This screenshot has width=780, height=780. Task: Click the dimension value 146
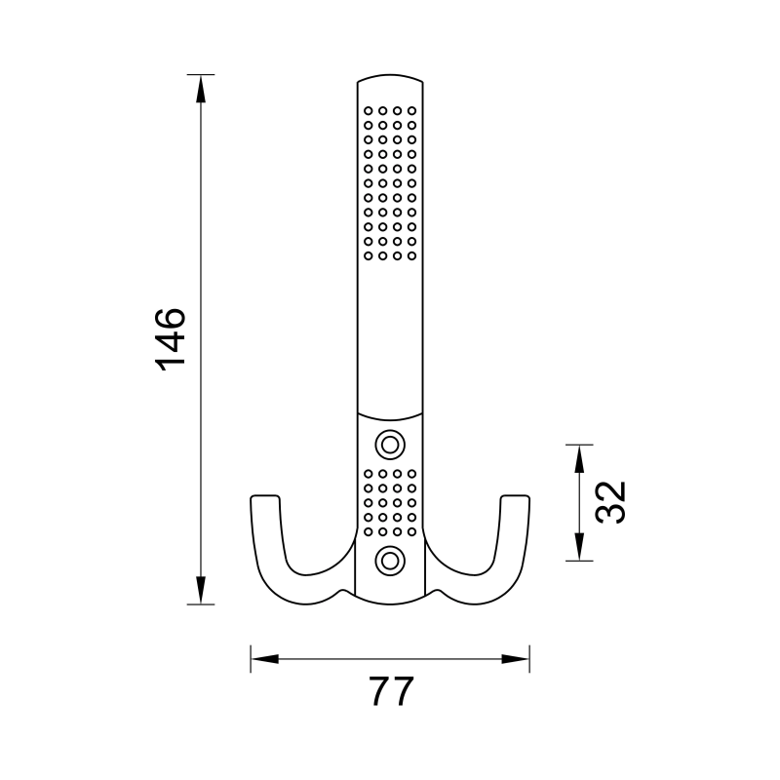click(x=170, y=338)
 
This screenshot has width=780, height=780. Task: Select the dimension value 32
click(x=609, y=502)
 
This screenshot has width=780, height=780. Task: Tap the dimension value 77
click(x=392, y=691)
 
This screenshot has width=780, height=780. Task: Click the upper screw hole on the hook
click(x=391, y=445)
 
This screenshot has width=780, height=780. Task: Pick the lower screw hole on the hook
click(x=391, y=560)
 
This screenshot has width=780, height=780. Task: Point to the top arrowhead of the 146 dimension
click(x=201, y=88)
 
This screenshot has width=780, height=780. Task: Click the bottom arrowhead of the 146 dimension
click(x=201, y=591)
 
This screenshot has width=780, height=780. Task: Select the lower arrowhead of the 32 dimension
click(x=580, y=547)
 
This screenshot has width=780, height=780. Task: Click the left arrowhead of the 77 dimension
click(x=264, y=659)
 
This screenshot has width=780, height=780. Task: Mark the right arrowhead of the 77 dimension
click(x=516, y=659)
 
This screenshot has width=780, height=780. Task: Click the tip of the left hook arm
click(x=265, y=499)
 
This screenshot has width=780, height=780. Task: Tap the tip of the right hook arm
click(x=517, y=499)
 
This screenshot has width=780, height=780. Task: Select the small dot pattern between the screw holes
click(x=391, y=502)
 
